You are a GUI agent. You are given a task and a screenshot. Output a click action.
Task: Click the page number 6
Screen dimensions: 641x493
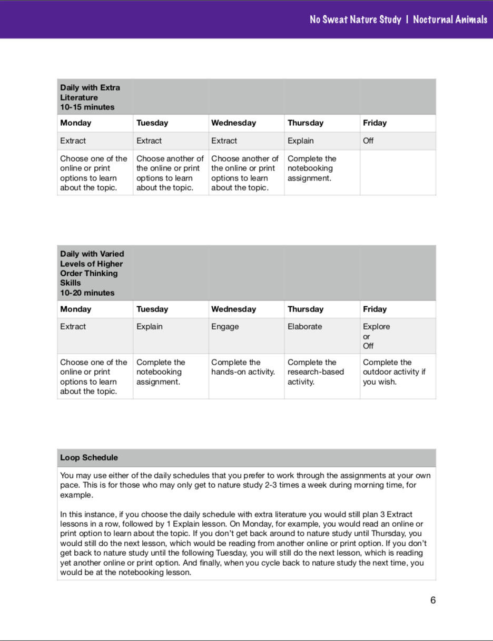(433, 600)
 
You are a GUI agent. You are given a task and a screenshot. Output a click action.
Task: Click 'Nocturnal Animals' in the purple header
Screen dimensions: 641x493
(450, 19)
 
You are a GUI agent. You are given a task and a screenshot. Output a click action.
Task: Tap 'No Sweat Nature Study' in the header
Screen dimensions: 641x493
(355, 19)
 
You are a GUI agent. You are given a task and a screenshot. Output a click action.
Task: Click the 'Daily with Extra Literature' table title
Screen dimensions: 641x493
(90, 93)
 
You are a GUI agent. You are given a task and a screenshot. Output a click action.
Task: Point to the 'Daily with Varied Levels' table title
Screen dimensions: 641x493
(92, 268)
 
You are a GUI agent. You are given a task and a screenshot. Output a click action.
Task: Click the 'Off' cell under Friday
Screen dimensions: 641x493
(368, 141)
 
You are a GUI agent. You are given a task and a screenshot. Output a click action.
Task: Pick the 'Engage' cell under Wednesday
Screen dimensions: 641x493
(225, 327)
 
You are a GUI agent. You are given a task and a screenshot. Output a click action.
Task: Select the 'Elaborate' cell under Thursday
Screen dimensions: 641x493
(304, 327)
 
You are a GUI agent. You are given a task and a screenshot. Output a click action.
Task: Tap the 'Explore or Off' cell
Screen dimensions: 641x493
(376, 336)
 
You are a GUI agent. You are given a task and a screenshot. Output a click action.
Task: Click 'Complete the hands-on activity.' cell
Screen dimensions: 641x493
(243, 367)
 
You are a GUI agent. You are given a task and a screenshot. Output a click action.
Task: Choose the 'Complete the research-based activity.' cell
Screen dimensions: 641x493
(315, 372)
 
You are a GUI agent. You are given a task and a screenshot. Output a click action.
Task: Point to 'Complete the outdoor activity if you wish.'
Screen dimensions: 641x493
(394, 372)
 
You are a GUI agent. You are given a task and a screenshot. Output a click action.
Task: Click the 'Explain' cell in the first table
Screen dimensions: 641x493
(300, 141)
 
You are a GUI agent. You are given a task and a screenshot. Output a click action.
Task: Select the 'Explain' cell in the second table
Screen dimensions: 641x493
(150, 327)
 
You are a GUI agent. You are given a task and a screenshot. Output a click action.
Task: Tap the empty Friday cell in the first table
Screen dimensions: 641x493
(398, 173)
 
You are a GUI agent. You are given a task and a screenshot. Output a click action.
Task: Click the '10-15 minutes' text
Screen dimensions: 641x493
(87, 107)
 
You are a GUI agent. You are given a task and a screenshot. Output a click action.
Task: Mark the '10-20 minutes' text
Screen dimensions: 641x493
(87, 293)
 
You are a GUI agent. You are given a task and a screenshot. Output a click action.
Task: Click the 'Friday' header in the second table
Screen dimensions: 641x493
(374, 309)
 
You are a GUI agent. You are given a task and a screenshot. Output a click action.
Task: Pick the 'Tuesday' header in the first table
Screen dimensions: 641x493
(152, 123)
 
